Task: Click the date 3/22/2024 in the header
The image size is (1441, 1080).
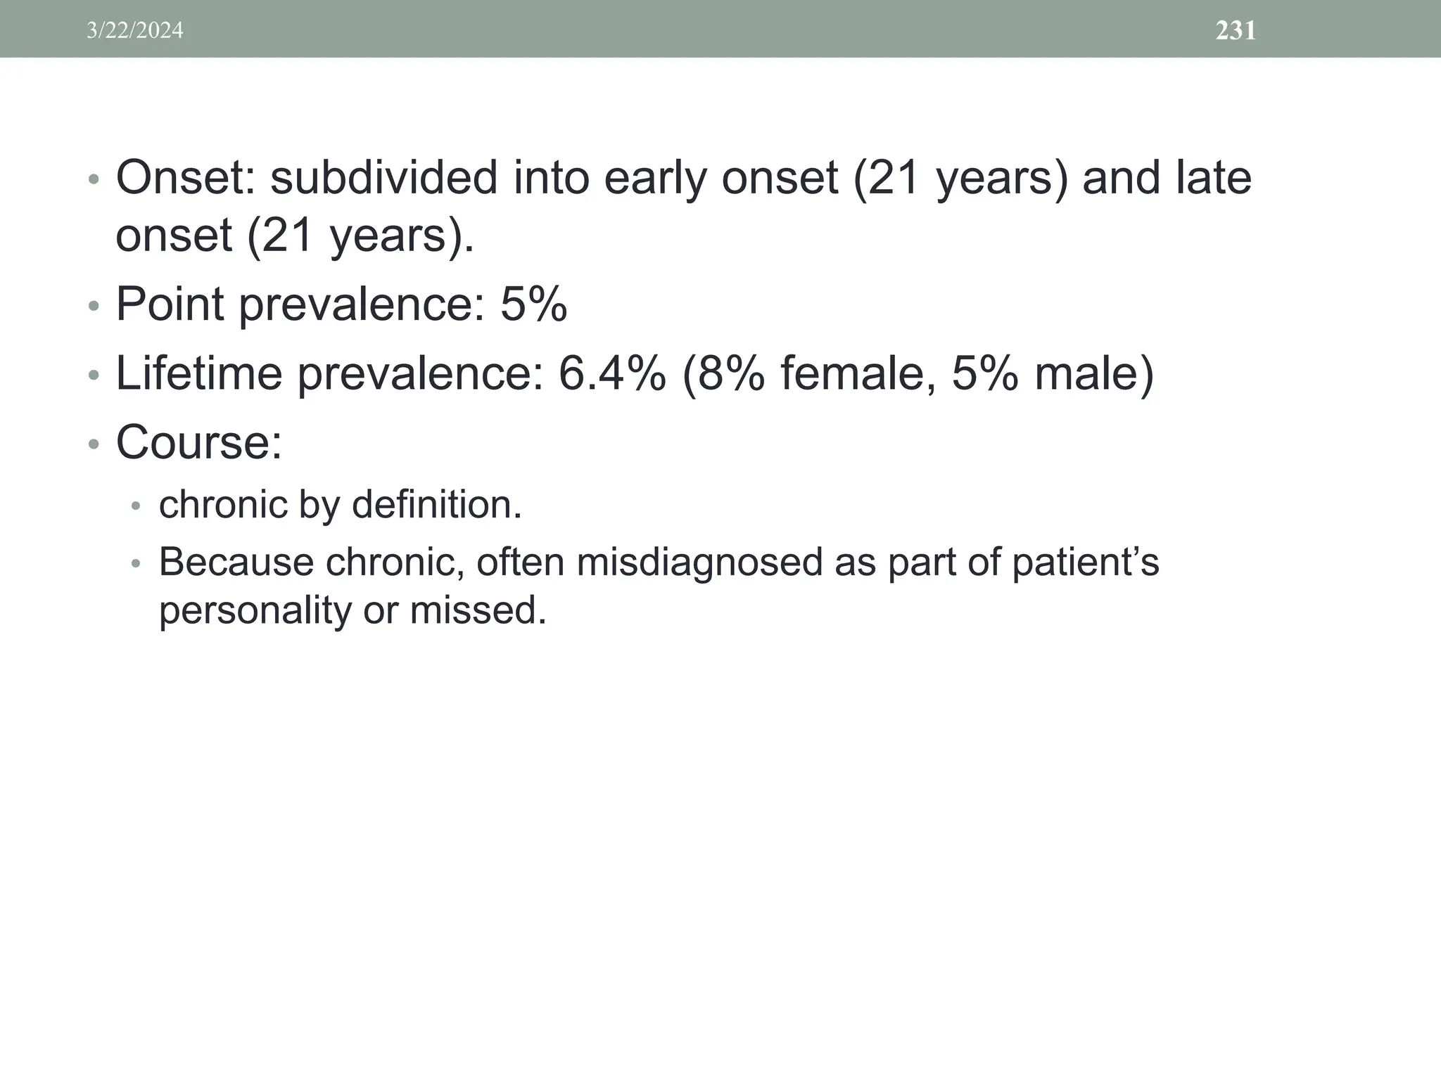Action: click(134, 30)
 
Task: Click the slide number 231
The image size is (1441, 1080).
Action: click(1236, 30)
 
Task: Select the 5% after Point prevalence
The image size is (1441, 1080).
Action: click(533, 304)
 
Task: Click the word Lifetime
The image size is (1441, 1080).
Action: click(199, 373)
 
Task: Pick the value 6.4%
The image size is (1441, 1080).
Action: click(611, 373)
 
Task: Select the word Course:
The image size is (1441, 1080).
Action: click(198, 442)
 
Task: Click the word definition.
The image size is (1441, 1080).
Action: click(436, 505)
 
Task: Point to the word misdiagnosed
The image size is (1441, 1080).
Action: click(699, 562)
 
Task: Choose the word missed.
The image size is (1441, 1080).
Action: click(478, 610)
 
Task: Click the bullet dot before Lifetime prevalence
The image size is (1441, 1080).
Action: click(94, 376)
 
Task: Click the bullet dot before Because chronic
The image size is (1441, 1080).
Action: click(137, 564)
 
